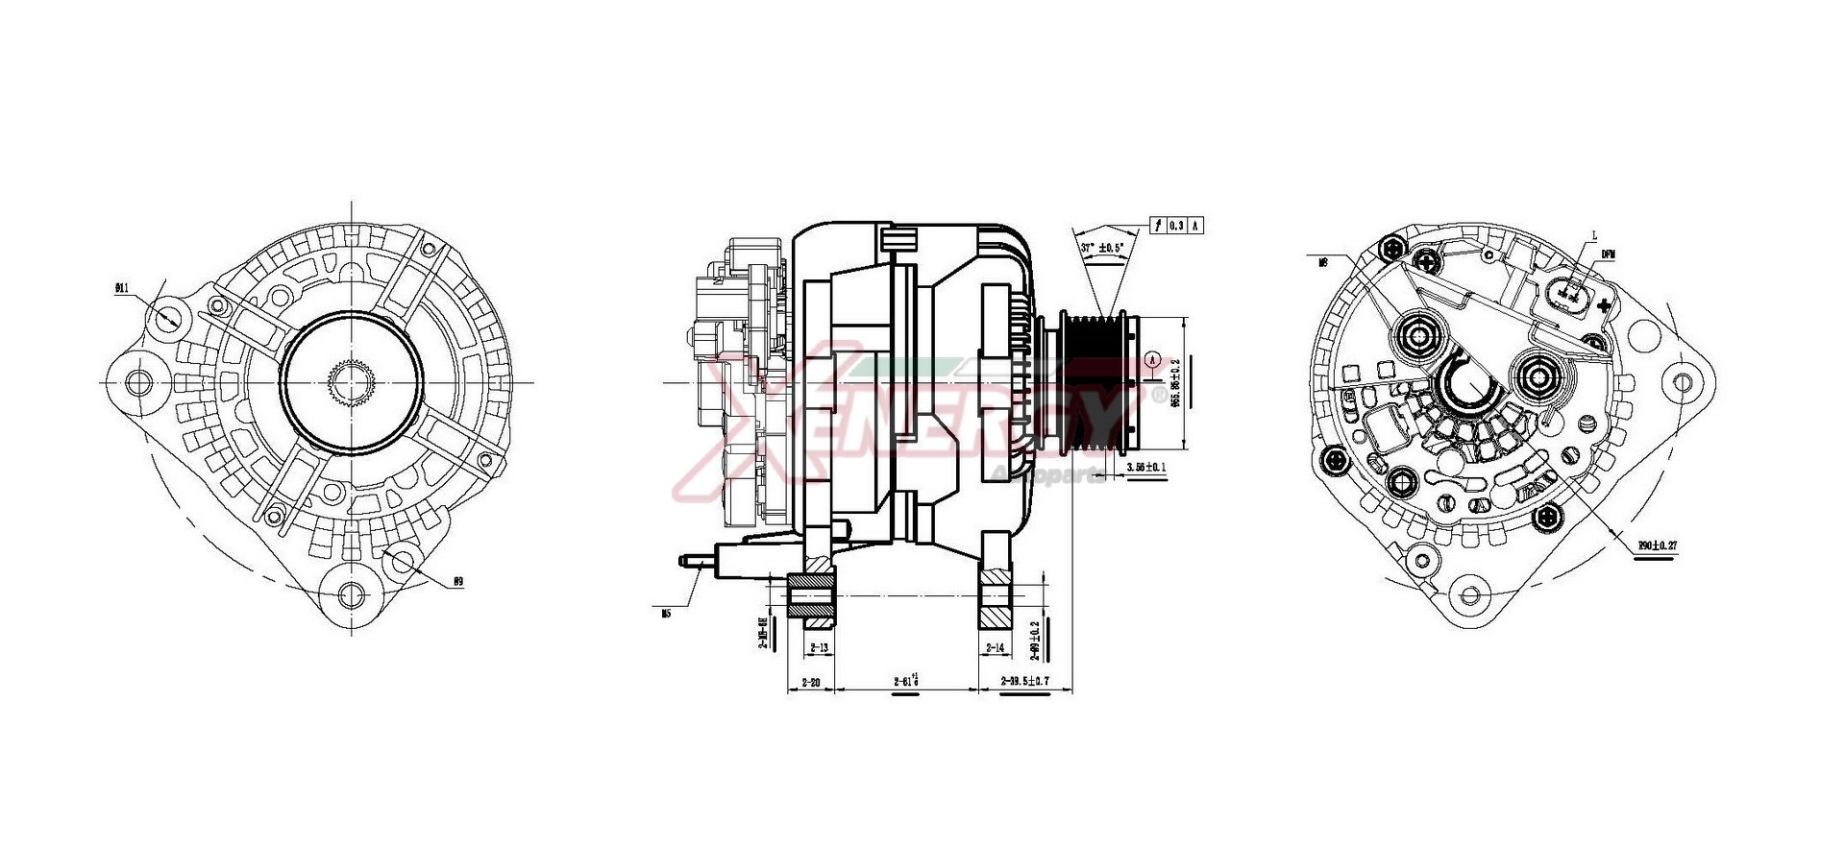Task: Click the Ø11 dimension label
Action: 121,287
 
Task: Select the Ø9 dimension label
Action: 458,582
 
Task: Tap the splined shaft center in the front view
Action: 351,382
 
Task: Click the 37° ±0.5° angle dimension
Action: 1101,248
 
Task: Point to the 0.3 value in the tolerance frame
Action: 1177,226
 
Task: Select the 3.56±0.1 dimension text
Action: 1145,468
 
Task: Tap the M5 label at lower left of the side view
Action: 666,613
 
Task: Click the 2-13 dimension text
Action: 819,648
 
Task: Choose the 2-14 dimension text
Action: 995,648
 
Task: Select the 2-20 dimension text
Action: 810,683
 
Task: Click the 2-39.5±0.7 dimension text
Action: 1025,682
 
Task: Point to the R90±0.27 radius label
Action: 1658,545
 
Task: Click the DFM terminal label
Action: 1608,254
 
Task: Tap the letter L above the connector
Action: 1594,234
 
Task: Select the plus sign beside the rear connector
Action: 1603,305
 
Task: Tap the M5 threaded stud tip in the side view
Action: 683,559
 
